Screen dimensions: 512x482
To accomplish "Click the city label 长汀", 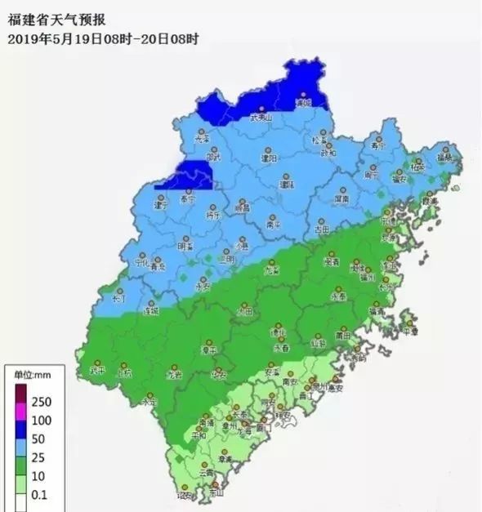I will pyautogui.click(x=119, y=300).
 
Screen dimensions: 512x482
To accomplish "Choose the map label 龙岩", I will pyautogui.click(x=174, y=375).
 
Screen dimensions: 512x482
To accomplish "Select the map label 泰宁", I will pyautogui.click(x=188, y=198).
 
